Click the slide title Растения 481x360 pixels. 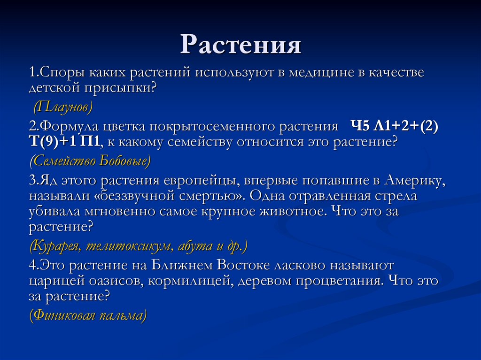pyautogui.click(x=240, y=45)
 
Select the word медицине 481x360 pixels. pyautogui.click(x=317, y=73)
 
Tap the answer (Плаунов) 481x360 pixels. pyautogui.click(x=62, y=107)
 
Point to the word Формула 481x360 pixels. pyautogui.click(x=63, y=128)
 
